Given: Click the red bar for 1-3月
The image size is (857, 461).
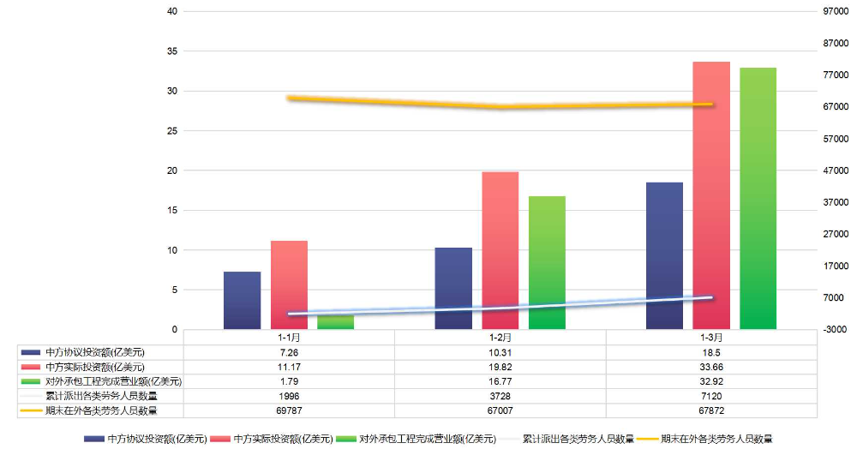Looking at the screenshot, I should coord(711,195).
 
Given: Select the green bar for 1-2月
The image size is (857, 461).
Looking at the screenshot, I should coord(547,262).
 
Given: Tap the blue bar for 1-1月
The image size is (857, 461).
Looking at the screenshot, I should coord(242,300).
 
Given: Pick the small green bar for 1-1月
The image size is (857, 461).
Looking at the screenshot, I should coord(335,322).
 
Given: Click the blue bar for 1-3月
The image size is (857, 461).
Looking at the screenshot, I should coord(664,255).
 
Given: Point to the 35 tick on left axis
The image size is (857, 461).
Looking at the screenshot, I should coord(172,51).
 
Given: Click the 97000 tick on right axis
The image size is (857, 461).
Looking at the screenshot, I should coord(834,12).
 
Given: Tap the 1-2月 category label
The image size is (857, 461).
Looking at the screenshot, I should coord(500,338).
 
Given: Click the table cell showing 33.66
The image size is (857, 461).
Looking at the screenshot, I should coord(711,367).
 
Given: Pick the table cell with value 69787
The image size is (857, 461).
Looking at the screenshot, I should coord(289,410).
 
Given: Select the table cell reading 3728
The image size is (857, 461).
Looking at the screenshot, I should coord(500,396).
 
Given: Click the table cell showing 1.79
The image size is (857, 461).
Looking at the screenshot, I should coord(289,381).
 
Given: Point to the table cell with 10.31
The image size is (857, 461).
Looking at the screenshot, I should coord(500,352).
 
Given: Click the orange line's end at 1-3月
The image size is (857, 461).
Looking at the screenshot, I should coord(711,105).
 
